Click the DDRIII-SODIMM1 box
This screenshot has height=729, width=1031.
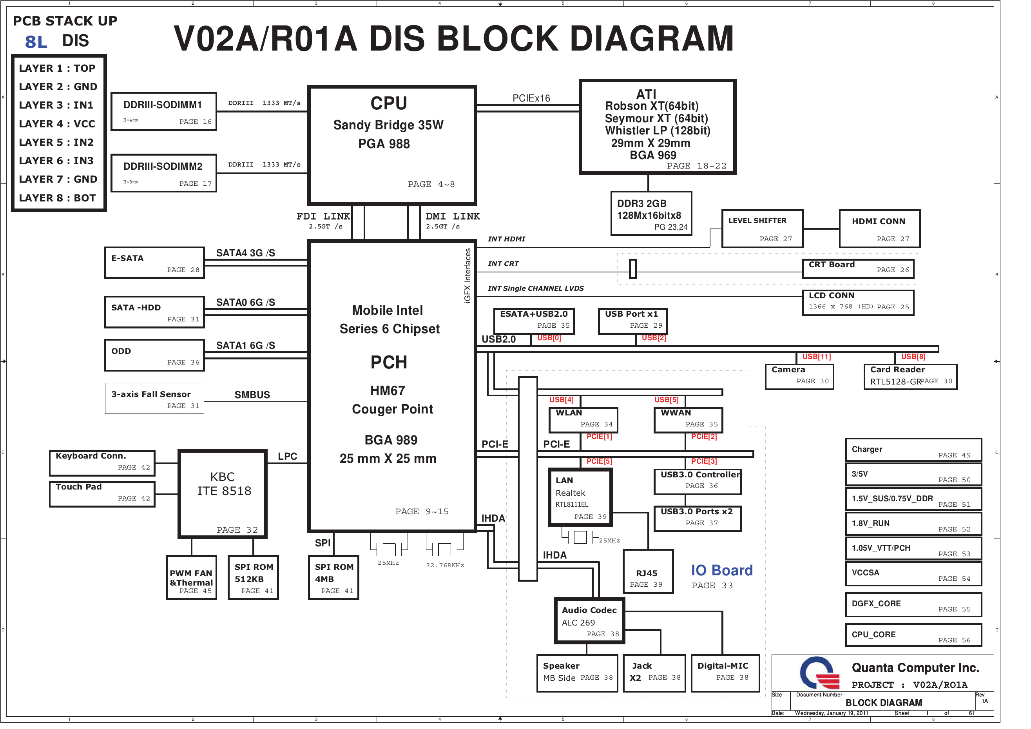163,111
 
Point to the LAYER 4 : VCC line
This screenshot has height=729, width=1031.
57,124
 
